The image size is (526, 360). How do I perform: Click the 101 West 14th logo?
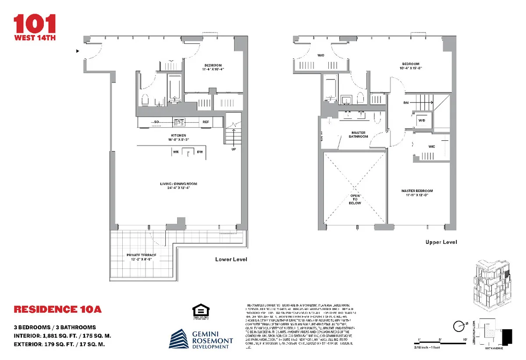(x=35, y=27)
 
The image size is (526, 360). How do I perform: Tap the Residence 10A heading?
(x=58, y=310)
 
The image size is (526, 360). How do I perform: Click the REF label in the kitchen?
(x=206, y=122)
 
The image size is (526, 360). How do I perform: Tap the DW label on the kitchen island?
(x=199, y=152)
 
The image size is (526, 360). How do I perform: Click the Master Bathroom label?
(x=359, y=135)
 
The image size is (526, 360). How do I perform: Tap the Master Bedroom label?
(x=417, y=193)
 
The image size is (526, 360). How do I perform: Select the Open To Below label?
(x=355, y=200)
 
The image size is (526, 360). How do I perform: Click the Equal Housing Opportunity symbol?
(x=200, y=312)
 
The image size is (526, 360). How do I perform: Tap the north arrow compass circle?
(x=459, y=326)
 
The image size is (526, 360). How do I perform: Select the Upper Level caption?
(x=441, y=242)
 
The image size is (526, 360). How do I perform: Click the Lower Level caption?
(x=231, y=260)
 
